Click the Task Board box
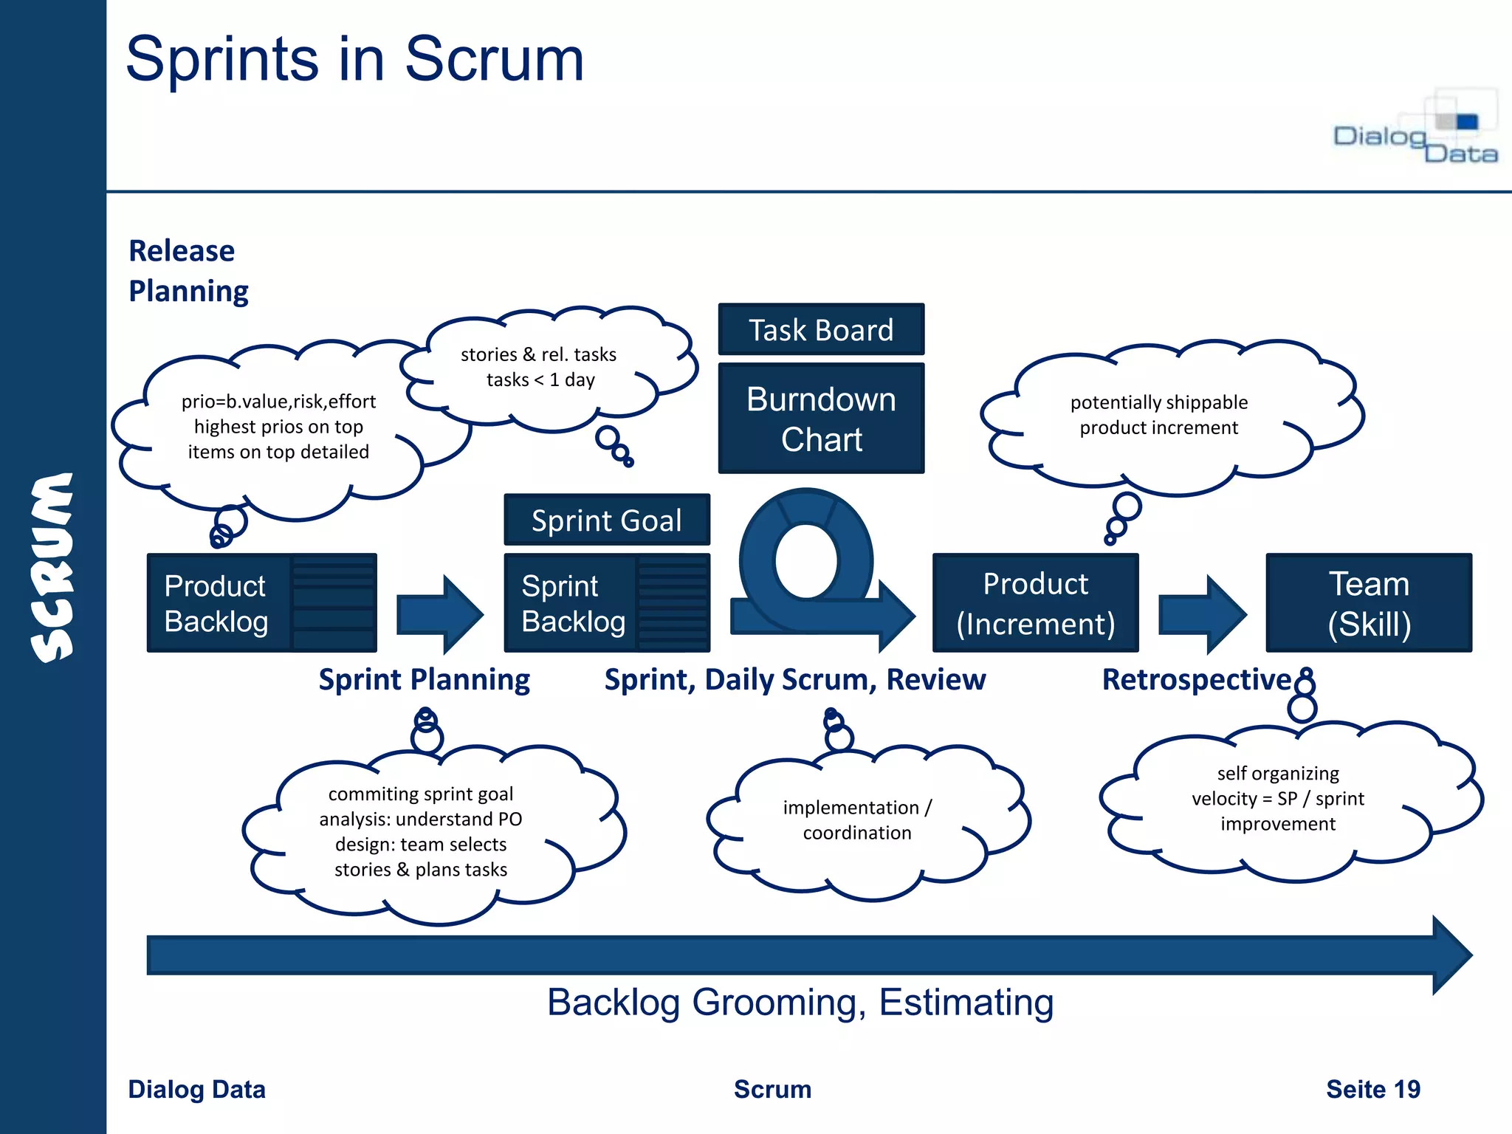coord(821,329)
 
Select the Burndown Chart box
coord(821,419)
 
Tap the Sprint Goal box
coord(606,520)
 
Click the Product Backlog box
coord(261,602)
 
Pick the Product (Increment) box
coord(1035,603)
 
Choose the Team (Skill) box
coord(1369,603)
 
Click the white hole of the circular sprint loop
coord(806,561)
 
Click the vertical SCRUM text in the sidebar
coord(53,567)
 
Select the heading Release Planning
coord(188,271)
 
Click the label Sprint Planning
coord(424,679)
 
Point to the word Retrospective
coord(1196,679)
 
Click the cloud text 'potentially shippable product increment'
coord(1159,415)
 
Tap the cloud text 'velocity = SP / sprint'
coord(1277,799)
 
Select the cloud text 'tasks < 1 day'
coord(540,379)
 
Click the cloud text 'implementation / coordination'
coord(857,820)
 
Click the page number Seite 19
coord(1372,1089)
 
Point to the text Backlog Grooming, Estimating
coord(800,1003)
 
